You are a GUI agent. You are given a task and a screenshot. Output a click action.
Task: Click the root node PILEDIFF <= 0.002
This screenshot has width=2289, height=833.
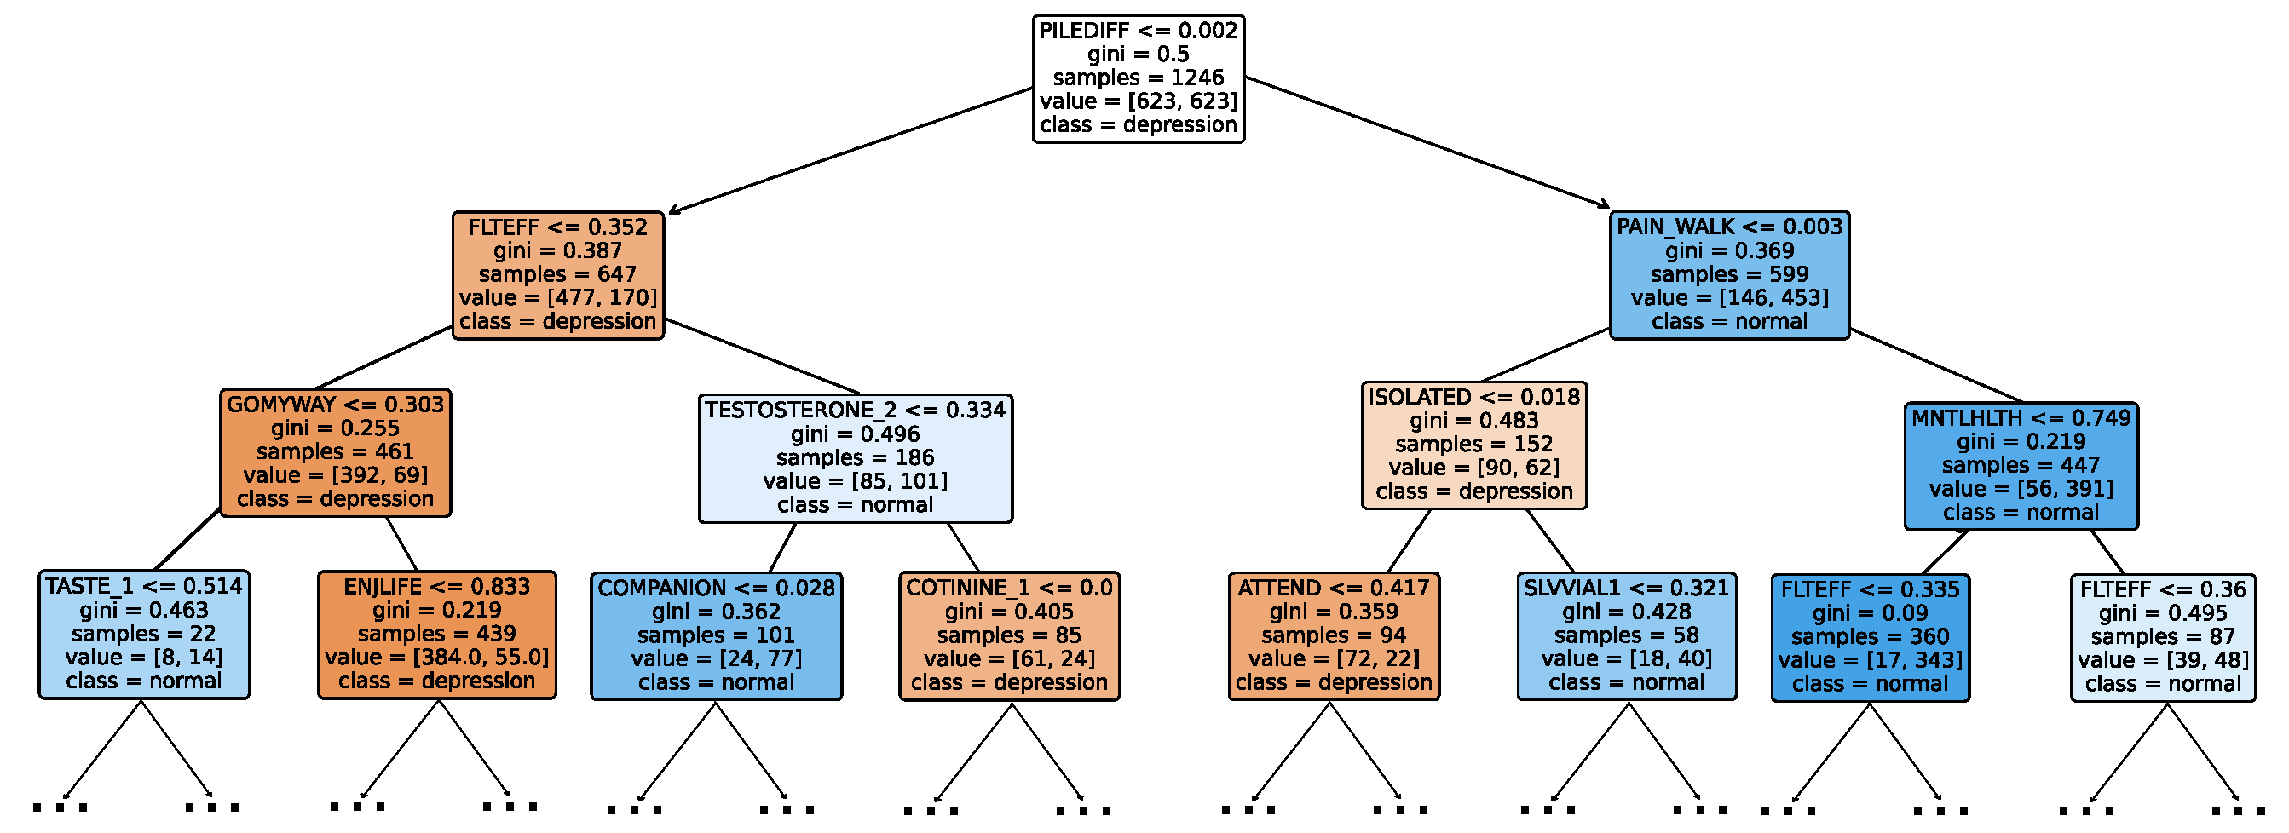tap(1138, 78)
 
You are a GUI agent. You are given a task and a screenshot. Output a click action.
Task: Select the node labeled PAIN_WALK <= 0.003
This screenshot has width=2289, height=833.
tap(1728, 274)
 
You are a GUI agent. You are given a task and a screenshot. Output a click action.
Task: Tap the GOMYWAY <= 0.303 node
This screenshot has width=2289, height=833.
tap(335, 452)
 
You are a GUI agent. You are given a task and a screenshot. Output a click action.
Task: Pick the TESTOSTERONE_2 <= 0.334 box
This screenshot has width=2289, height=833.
tap(855, 458)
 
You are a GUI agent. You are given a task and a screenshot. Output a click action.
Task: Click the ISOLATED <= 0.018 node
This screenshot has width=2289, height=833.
tap(1473, 445)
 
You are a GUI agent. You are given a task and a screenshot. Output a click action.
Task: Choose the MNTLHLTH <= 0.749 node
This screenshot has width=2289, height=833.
tap(2020, 465)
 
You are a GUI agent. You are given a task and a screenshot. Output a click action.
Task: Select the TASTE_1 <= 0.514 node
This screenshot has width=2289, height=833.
tap(143, 634)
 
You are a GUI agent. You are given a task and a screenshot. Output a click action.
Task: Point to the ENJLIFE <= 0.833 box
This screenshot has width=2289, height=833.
tap(436, 634)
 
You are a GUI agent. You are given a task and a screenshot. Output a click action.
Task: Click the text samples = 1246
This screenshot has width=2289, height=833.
tap(1138, 78)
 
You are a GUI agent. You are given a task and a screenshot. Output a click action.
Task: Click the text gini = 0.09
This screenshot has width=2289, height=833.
tap(1870, 612)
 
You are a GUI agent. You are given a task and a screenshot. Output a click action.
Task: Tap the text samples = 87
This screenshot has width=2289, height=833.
tap(2162, 637)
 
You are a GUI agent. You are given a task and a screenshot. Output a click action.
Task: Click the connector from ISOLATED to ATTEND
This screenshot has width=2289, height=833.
tap(1409, 541)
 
